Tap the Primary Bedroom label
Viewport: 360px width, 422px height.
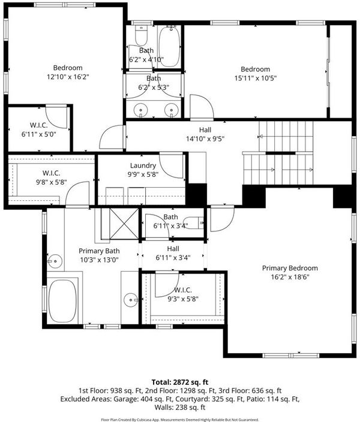[290, 268]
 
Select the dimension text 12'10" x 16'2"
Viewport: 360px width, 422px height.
[68, 77]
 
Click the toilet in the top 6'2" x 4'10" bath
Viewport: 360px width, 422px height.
[141, 35]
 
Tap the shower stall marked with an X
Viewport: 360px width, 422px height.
[124, 224]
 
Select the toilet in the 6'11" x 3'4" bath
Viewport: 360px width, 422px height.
[194, 222]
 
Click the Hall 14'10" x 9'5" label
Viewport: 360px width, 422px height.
[205, 134]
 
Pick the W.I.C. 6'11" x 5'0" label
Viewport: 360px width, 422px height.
[39, 129]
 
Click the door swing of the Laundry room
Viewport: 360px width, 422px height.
[171, 165]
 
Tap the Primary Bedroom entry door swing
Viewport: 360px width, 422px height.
[222, 219]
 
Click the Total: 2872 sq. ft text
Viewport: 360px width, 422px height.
[180, 382]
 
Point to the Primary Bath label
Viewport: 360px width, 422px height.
[99, 251]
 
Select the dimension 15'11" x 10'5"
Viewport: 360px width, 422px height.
[256, 79]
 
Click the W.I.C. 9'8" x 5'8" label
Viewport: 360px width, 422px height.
[52, 177]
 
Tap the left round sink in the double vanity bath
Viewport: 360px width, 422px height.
[140, 110]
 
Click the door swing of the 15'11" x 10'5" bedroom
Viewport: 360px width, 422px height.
[202, 107]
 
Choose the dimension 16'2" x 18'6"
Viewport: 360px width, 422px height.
[290, 277]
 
